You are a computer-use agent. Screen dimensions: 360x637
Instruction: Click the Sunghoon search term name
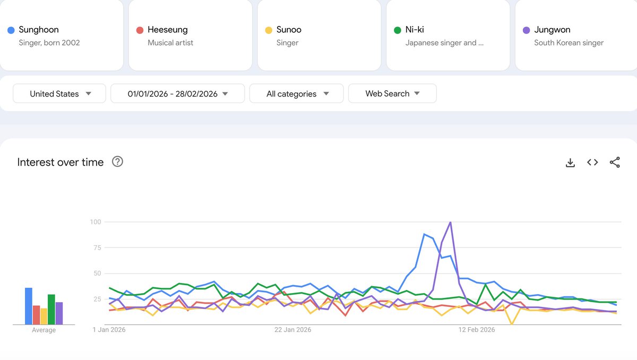point(39,30)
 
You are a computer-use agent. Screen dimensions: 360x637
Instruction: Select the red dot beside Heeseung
point(140,30)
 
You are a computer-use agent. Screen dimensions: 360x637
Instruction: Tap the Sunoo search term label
point(289,30)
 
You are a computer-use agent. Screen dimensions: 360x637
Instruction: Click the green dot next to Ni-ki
point(397,30)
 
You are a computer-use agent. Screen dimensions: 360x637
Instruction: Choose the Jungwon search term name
point(552,30)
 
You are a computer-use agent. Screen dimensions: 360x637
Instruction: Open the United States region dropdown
point(59,93)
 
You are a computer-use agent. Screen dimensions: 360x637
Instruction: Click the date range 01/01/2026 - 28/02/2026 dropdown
point(177,93)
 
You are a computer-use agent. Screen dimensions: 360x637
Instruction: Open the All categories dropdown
point(297,93)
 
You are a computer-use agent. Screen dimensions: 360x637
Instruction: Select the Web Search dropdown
point(392,93)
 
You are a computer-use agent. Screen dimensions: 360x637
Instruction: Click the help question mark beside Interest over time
point(118,162)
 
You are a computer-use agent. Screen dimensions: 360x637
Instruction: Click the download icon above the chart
point(570,162)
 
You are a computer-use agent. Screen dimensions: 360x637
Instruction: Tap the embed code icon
point(592,162)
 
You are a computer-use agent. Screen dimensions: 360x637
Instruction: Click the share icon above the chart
point(615,162)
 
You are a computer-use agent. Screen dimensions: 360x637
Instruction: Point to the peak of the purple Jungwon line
point(450,222)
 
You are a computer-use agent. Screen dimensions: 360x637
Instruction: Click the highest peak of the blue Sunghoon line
point(424,234)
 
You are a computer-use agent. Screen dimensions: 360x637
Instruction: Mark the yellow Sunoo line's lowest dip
point(511,323)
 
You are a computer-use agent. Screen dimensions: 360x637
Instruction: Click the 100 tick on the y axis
point(95,221)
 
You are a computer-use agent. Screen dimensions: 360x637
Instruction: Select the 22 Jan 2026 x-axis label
point(292,330)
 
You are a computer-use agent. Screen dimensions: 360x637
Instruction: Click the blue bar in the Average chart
point(29,306)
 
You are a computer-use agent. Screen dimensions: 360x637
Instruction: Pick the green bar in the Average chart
point(51,309)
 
